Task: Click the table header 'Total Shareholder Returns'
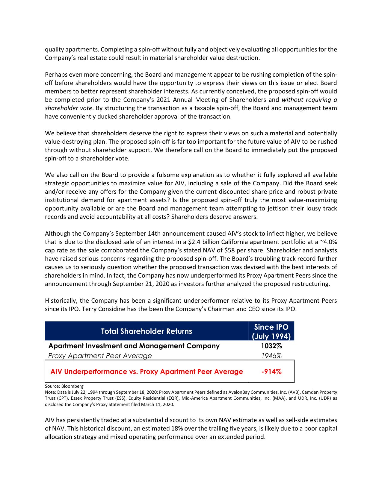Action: pos(146,331)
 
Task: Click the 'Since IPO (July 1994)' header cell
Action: pos(271,331)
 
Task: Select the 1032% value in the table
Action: pos(271,346)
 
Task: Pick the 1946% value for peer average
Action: pos(271,356)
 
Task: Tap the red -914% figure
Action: pos(271,372)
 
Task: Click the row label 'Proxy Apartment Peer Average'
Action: pos(100,356)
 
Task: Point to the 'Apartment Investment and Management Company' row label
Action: pos(134,346)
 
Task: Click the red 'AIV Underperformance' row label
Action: pos(147,372)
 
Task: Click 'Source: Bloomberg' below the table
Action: pos(64,386)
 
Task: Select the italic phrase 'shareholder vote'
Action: pos(68,108)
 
